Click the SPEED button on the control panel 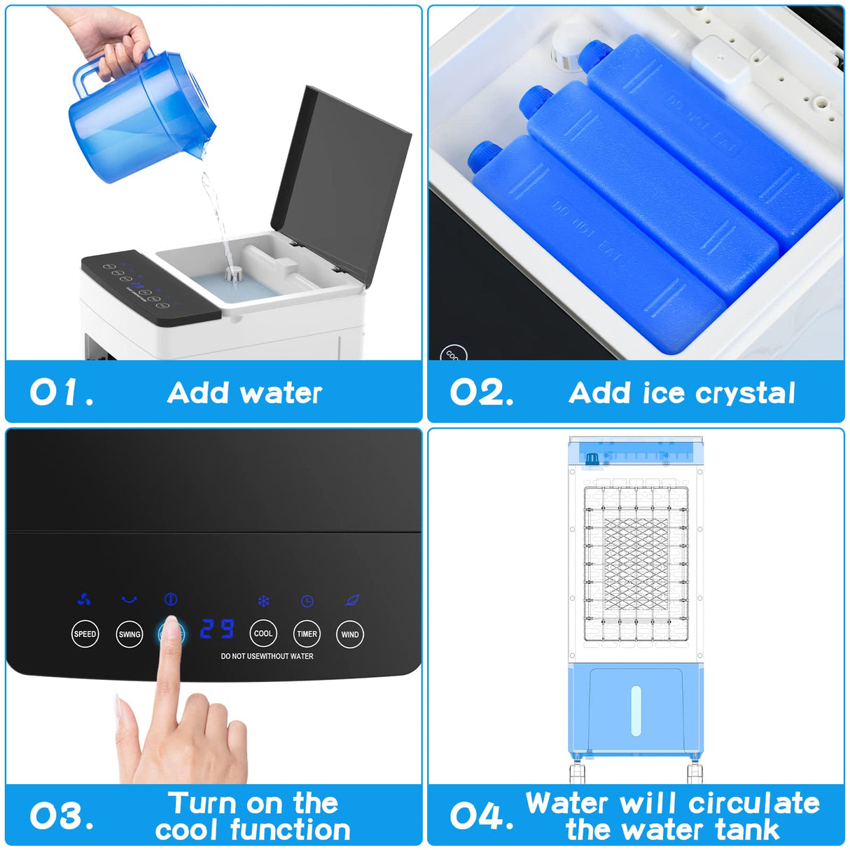tap(85, 634)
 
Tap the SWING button tap(130, 634)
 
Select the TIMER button tap(307, 634)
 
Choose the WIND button tap(350, 634)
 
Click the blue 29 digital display tap(216, 629)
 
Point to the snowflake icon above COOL tap(263, 601)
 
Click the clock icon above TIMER tap(307, 601)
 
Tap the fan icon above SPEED tap(84, 600)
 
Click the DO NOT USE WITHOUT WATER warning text tap(267, 657)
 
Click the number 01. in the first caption tap(61, 393)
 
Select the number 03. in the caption tap(61, 816)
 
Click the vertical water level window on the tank tap(636, 710)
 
